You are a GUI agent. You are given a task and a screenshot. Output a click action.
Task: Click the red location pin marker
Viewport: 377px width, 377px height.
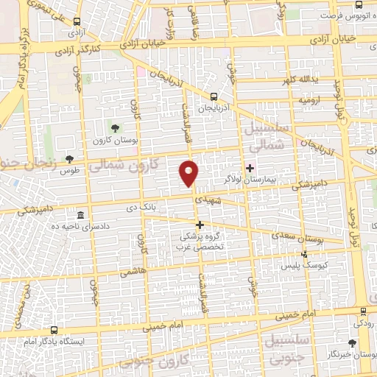point(189,173)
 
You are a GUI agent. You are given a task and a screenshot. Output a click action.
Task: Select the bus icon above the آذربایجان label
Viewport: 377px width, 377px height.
point(213,96)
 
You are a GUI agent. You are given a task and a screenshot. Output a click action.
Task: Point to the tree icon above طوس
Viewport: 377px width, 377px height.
point(69,158)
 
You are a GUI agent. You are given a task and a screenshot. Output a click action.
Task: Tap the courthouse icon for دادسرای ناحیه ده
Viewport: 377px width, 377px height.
point(80,215)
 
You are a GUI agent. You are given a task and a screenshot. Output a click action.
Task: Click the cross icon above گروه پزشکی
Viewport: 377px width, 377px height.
point(199,224)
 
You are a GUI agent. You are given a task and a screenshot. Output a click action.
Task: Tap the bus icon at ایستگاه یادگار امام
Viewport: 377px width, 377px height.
point(54,331)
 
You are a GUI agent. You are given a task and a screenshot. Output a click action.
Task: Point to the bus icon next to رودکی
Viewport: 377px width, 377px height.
point(364,312)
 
